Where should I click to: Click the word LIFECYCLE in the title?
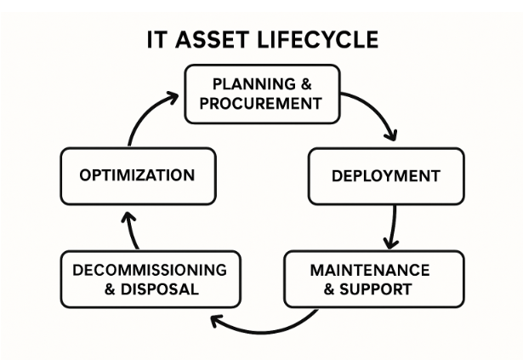pos(318,40)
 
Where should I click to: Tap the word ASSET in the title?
pos(212,40)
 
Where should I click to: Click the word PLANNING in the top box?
pos(254,83)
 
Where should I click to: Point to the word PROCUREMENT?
pos(260,103)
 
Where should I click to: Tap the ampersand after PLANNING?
pos(306,83)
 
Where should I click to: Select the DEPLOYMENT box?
pos(386,176)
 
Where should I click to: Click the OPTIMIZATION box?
pos(138,175)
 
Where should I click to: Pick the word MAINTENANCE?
pos(370,270)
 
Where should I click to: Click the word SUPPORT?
pos(376,289)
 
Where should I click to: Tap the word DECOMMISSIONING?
pos(150,270)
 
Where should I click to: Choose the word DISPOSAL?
pos(160,289)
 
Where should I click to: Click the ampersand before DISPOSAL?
pos(110,289)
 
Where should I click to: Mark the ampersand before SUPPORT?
pos(329,289)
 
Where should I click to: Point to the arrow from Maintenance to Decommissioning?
pos(264,331)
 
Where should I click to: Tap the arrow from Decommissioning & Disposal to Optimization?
pos(132,231)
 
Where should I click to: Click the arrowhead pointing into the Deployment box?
pos(391,134)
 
